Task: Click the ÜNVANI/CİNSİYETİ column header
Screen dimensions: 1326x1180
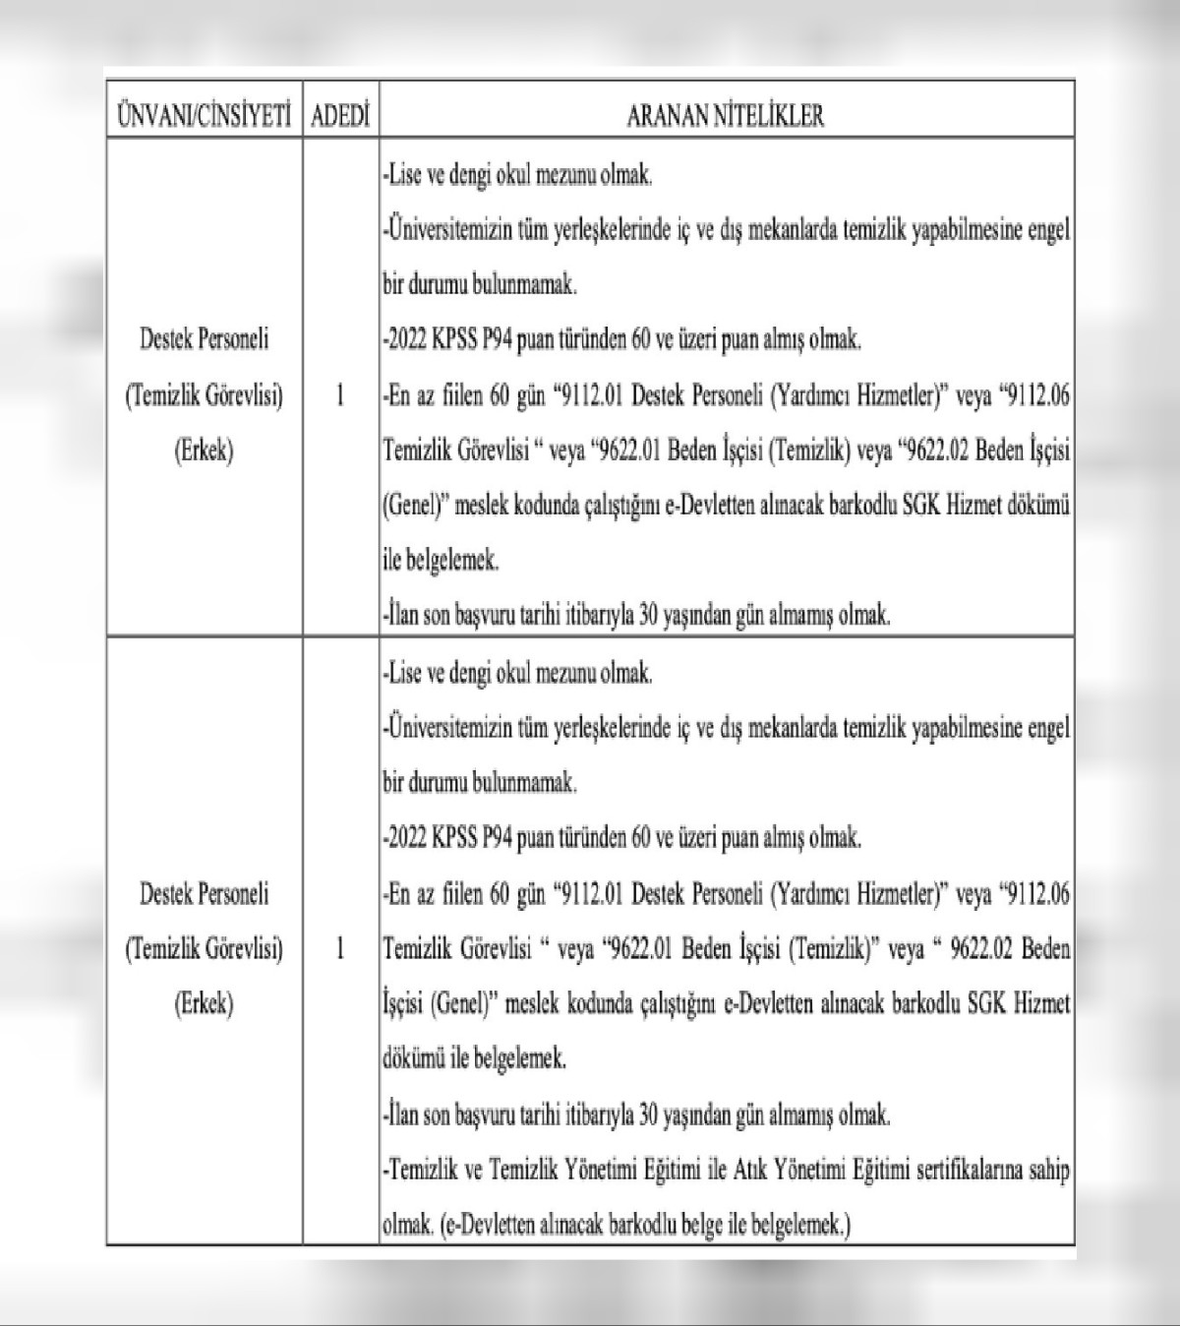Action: point(204,116)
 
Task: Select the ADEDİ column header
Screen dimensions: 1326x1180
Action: point(340,116)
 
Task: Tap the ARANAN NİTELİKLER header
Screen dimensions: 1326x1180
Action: point(726,116)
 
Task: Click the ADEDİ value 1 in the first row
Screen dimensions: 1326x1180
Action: point(340,395)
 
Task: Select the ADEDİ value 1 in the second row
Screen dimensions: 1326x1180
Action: point(340,949)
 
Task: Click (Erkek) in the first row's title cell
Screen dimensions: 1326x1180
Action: point(204,452)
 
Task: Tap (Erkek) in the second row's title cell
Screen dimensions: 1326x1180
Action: point(204,1004)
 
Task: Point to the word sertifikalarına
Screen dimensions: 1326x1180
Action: point(973,1171)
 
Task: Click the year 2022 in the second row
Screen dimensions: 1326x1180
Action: point(407,839)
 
